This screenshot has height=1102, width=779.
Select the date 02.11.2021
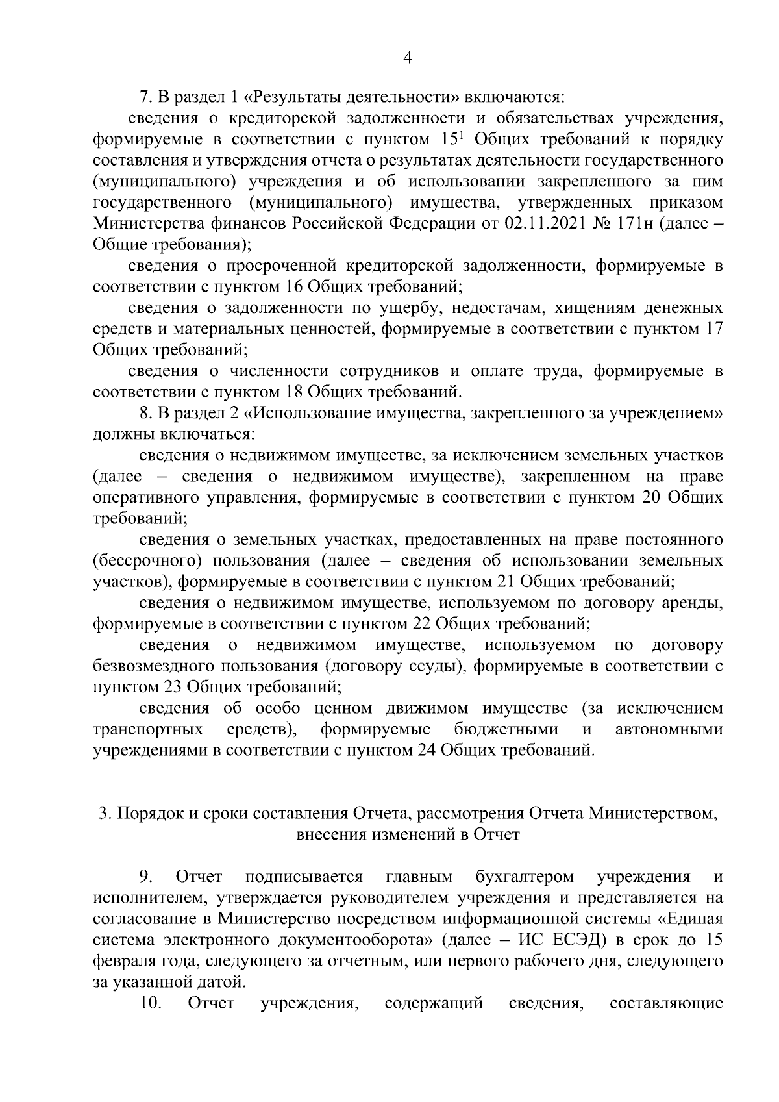547,224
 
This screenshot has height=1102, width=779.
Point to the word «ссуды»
431,666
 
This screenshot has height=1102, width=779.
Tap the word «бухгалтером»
525,877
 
